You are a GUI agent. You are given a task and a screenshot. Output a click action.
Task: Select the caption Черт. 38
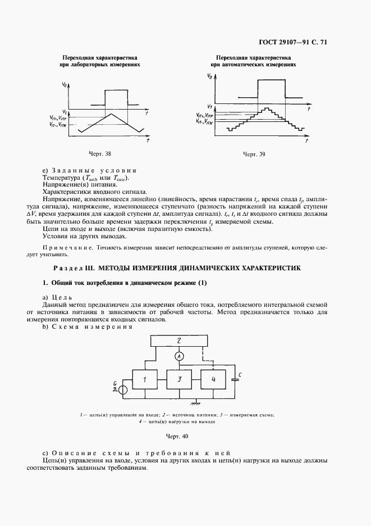point(101,153)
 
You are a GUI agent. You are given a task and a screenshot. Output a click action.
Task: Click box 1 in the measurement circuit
point(144,379)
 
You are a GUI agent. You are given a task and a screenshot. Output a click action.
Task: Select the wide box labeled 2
point(178,340)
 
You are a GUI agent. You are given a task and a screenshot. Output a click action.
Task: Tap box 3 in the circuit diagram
point(178,379)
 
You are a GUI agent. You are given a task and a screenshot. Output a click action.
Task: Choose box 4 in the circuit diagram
point(213,379)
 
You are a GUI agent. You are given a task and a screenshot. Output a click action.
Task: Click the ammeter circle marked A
point(178,357)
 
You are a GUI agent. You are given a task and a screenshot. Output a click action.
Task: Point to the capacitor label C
point(240,374)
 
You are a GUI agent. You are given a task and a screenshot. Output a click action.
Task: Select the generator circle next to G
point(123,389)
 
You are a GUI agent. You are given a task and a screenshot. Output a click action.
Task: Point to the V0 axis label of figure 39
point(209,75)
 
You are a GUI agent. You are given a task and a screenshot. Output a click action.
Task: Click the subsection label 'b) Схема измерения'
point(87,327)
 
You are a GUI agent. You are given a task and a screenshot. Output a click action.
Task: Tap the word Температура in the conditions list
point(61,178)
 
